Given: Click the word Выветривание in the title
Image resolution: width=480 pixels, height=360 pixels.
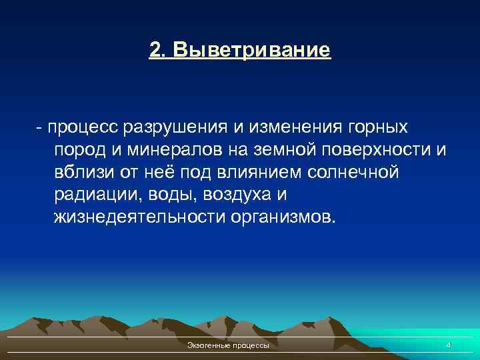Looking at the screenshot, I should point(250,50).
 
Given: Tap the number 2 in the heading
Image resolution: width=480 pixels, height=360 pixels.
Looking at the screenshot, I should point(155,50).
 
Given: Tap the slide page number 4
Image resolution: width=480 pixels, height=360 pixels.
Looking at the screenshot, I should point(448,345).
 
